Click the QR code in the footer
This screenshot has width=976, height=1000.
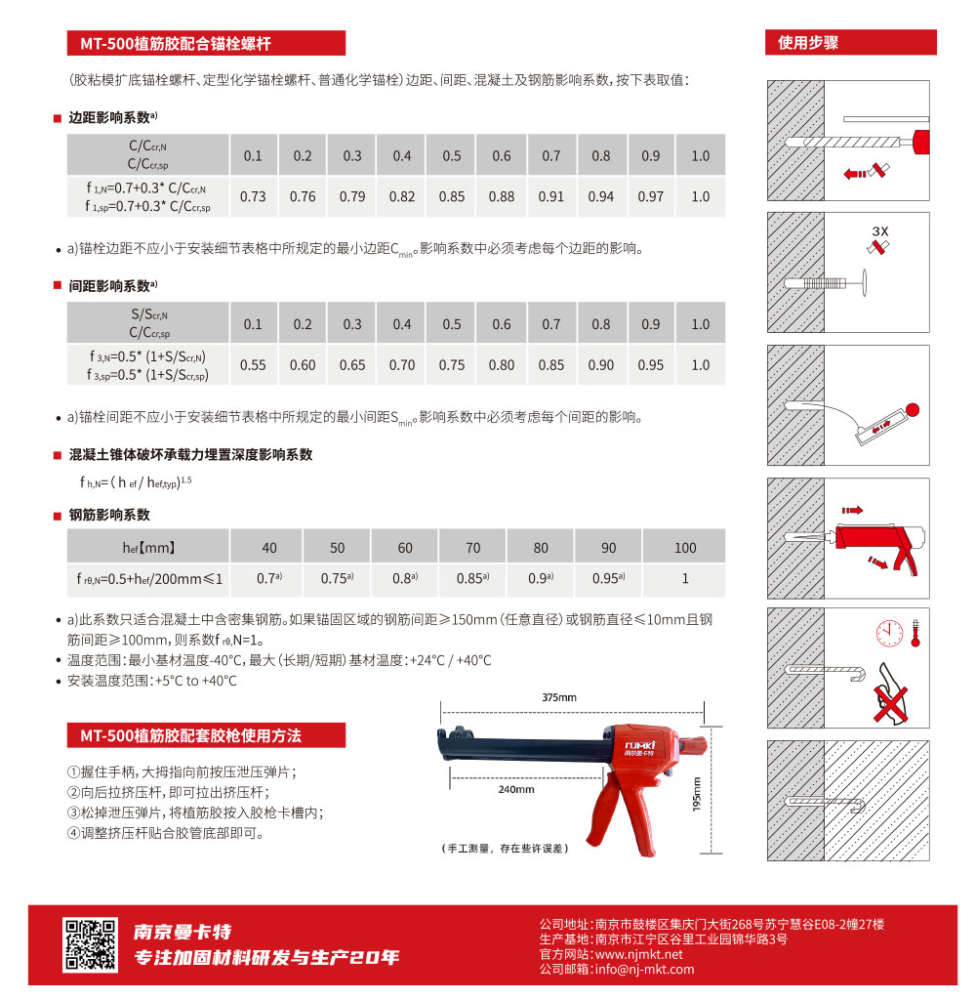click(x=83, y=944)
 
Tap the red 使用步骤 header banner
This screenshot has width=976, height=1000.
click(x=850, y=43)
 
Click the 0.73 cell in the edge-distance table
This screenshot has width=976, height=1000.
click(x=253, y=196)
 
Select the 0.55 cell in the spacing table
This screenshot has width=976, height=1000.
click(x=253, y=365)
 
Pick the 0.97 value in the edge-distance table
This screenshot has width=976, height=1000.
click(x=651, y=196)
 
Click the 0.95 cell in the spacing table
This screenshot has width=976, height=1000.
click(x=651, y=365)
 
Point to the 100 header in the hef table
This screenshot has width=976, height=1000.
click(x=685, y=548)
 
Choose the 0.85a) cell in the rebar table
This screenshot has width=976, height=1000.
click(x=472, y=578)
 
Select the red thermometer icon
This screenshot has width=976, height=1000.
click(x=915, y=633)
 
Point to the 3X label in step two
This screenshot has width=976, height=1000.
click(x=880, y=231)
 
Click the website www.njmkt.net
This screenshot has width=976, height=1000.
click(x=638, y=954)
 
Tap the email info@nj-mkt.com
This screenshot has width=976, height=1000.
click(x=644, y=969)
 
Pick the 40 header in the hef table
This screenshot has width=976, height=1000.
click(x=269, y=548)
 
